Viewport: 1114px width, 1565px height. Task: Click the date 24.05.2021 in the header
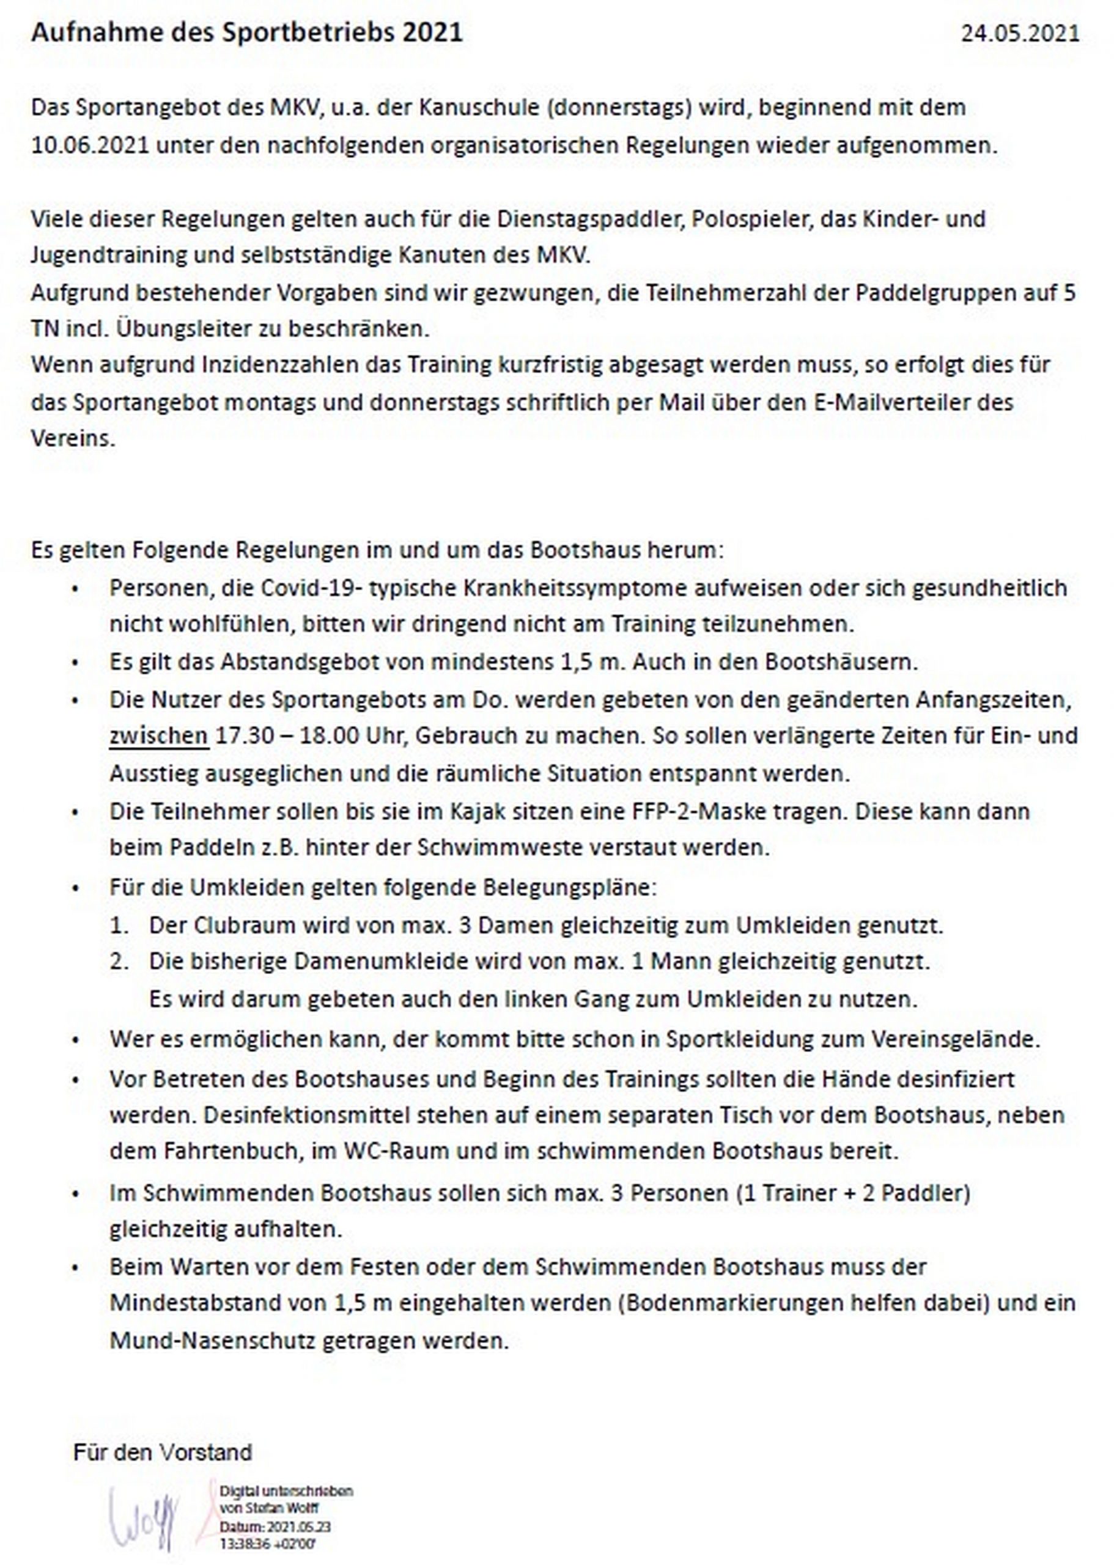coord(1019,34)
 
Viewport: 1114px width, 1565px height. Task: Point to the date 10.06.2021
coord(90,145)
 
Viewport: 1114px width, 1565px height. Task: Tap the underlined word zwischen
coord(158,736)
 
